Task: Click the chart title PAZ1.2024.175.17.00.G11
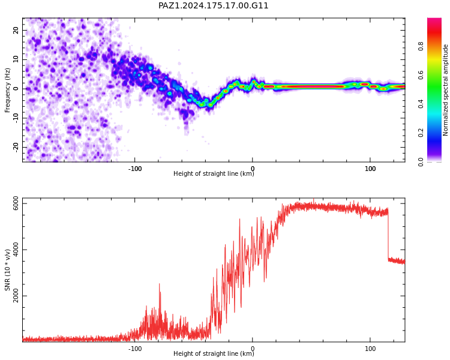[x=213, y=5]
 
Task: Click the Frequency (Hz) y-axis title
[x=7, y=90]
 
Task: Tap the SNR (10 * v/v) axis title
[x=7, y=270]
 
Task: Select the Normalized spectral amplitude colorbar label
[x=445, y=90]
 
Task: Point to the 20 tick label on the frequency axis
[x=16, y=30]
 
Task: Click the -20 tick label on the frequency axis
[x=16, y=147]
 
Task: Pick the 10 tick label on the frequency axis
[x=16, y=59]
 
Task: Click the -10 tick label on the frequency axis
[x=16, y=118]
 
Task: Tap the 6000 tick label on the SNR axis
[x=16, y=203]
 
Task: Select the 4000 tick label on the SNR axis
[x=16, y=250]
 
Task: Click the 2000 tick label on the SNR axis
[x=16, y=296]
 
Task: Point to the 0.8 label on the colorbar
[x=421, y=46]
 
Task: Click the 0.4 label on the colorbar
[x=421, y=104]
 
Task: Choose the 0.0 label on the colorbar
[x=421, y=162]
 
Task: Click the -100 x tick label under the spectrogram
[x=134, y=169]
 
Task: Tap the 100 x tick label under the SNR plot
[x=370, y=349]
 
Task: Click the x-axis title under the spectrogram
[x=214, y=173]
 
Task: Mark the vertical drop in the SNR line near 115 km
[x=388, y=235]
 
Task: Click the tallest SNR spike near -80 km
[x=160, y=284]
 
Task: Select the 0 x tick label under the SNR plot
[x=253, y=349]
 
